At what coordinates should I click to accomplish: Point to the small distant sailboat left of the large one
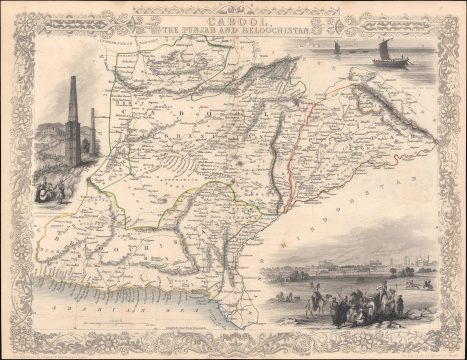pos(337,48)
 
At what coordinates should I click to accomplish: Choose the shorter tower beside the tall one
pos(93,130)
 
